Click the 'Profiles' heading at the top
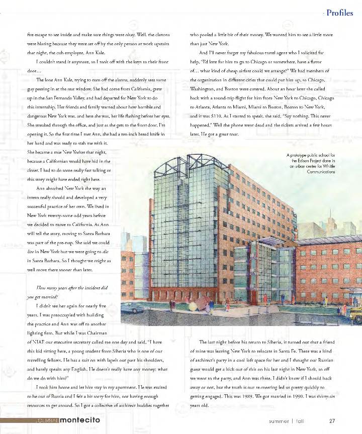[x=339, y=13]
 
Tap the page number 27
[x=332, y=421]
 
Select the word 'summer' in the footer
[x=279, y=421]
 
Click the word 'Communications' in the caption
[x=320, y=172]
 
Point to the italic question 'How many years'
[x=56, y=287]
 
